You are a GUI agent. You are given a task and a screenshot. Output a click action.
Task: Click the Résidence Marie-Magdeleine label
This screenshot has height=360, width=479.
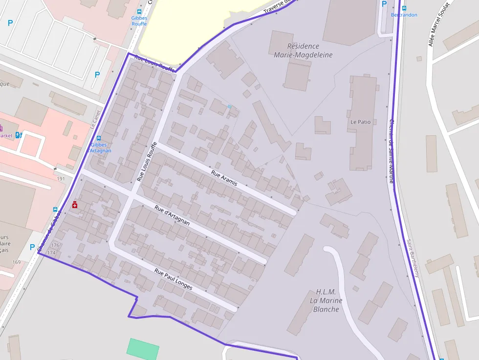tap(303, 50)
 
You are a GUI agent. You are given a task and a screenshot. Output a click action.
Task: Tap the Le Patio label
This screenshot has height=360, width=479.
tap(360, 122)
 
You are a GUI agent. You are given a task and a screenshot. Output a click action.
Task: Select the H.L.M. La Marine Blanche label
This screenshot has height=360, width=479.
tap(326, 300)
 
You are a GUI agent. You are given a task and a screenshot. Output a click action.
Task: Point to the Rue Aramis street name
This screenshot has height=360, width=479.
tap(224, 178)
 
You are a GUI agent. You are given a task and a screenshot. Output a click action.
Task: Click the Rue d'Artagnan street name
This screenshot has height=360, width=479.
tap(172, 215)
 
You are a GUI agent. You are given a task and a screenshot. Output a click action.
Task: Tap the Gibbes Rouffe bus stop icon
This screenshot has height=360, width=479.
tap(139, 12)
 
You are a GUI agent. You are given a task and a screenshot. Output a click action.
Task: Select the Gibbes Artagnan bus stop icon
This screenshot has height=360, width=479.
tap(99, 138)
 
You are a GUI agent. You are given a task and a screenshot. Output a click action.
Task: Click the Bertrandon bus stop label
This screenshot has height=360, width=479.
tap(404, 15)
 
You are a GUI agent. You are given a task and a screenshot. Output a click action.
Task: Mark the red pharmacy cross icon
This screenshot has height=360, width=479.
tap(75, 205)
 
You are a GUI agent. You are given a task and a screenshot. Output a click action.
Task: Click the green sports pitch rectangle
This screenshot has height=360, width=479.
tap(143, 349)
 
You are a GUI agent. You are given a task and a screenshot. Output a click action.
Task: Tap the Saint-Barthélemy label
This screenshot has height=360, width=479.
tap(413, 258)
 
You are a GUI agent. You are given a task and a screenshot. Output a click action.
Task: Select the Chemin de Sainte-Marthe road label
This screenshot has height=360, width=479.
tap(391, 151)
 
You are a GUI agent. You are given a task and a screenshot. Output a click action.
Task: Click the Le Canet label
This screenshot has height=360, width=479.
tap(96, 119)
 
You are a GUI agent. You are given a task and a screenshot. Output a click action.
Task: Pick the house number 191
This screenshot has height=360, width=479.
tap(61, 179)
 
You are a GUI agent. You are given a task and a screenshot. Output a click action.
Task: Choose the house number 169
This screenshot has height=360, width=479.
tap(17, 262)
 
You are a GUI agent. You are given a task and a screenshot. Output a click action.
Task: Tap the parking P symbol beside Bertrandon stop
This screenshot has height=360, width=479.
tap(384, 3)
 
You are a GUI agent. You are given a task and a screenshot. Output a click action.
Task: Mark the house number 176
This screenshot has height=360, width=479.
tap(55, 245)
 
